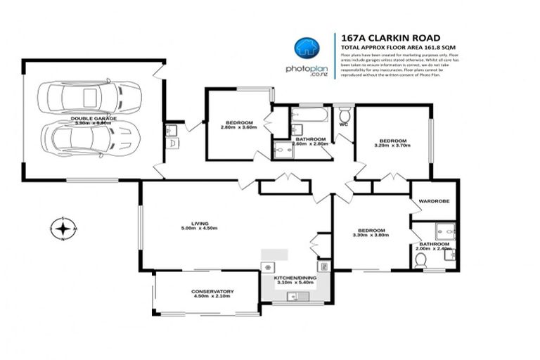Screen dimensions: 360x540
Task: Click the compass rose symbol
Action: (x=63, y=229)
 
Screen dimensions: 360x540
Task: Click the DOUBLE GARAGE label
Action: (x=94, y=118)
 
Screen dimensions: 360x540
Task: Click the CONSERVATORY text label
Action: (x=212, y=291)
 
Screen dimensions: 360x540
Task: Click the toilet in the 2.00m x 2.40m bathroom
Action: (x=421, y=259)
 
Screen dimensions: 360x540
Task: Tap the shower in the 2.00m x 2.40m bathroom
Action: (x=444, y=230)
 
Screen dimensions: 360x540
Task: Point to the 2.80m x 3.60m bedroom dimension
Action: (x=239, y=127)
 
